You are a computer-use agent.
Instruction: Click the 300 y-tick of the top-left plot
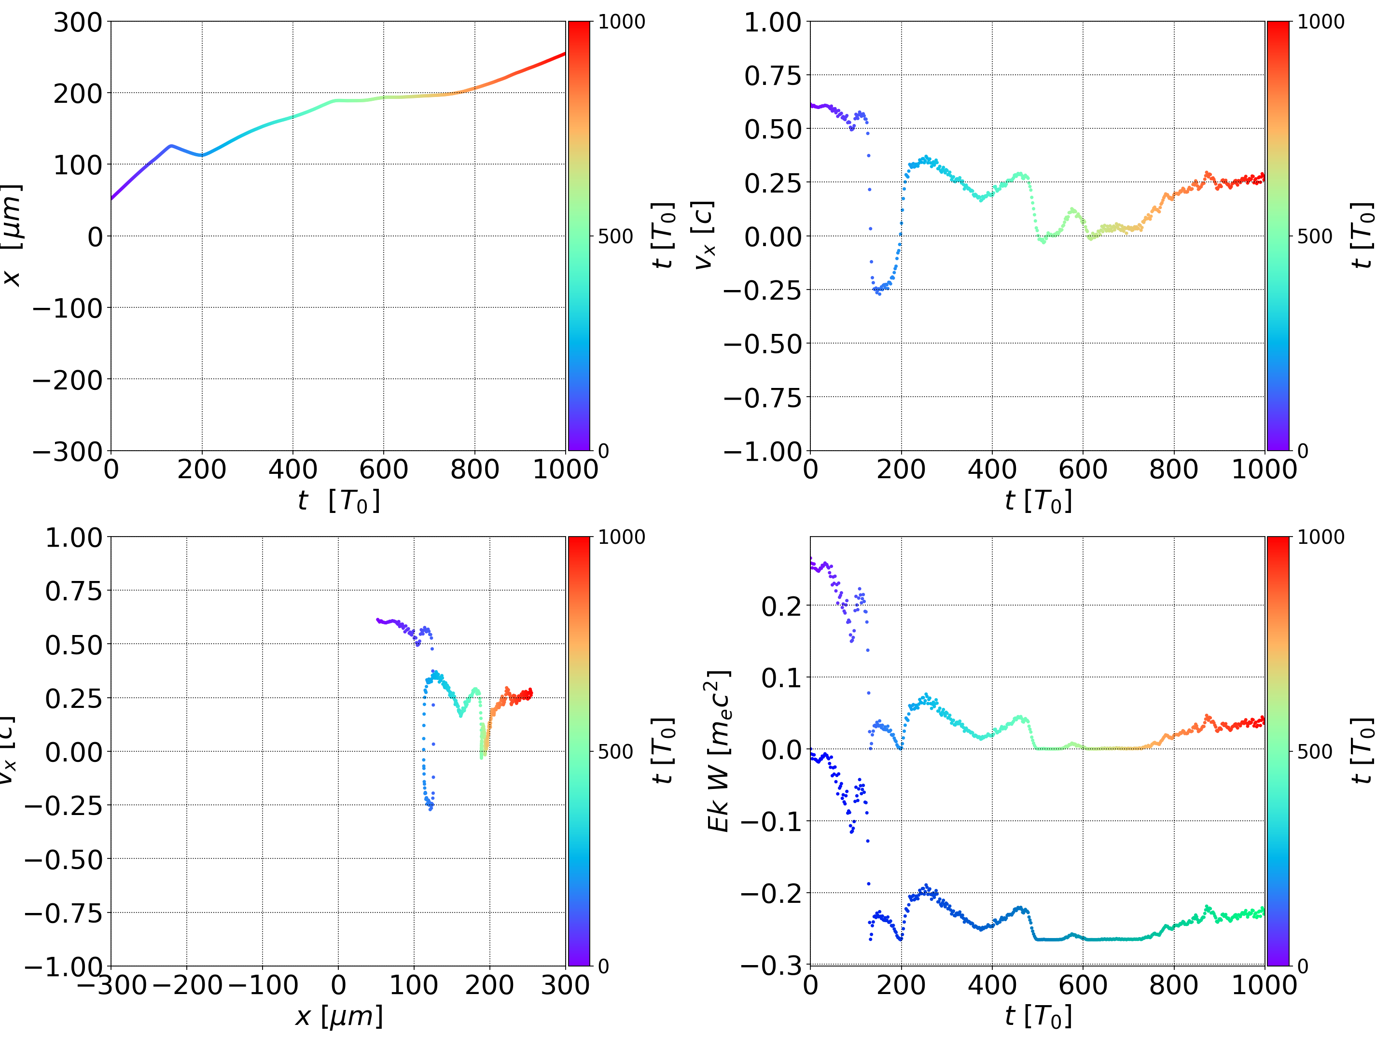[77, 23]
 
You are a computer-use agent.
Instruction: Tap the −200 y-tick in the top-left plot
[67, 380]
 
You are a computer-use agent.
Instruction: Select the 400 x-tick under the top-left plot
[293, 470]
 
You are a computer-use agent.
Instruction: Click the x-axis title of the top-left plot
[339, 501]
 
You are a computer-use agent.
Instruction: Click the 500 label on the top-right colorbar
[1315, 237]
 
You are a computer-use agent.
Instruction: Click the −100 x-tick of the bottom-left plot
[263, 985]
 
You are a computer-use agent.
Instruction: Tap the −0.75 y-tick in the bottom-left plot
[63, 913]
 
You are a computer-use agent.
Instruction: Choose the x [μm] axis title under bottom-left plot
[339, 1016]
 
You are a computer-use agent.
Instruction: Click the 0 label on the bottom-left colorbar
[603, 967]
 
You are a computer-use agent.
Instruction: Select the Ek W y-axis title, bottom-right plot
[718, 751]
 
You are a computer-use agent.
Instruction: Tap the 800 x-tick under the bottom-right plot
[1173, 985]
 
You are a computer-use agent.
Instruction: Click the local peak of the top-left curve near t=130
[171, 146]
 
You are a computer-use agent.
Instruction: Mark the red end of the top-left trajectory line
[564, 54]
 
